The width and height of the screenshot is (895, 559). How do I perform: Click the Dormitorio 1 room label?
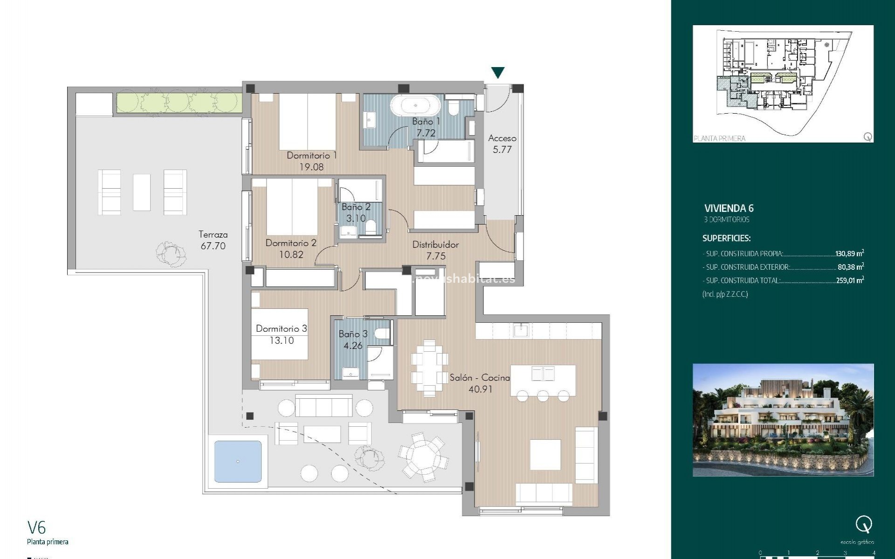coord(311,155)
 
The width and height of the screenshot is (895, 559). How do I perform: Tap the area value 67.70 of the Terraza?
coord(213,246)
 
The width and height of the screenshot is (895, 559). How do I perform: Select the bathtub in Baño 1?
coord(416,106)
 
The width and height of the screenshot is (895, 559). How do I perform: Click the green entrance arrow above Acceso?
coord(498,73)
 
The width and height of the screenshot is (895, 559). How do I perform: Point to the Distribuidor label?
coord(435,245)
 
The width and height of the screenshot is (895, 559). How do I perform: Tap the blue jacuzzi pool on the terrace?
coord(238,461)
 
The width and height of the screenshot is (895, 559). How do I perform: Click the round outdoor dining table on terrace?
coord(424,455)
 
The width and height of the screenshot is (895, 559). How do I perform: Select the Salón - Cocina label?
coord(480,378)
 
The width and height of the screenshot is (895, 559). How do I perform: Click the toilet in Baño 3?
coord(383,334)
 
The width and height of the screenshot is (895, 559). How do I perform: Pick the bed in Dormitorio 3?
coord(280,334)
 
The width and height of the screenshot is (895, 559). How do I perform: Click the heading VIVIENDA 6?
coord(729,208)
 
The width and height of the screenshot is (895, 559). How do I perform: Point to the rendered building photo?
coord(783,420)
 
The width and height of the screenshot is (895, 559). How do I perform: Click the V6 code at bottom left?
coord(37,527)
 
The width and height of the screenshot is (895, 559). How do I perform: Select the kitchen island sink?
coord(543,373)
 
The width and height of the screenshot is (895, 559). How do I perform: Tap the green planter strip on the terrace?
coord(179,102)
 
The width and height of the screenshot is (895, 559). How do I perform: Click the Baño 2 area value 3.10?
coord(356,218)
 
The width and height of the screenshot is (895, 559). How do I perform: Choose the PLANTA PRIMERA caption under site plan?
coord(719,138)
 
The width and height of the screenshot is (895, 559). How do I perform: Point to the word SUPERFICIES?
coord(726,238)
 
